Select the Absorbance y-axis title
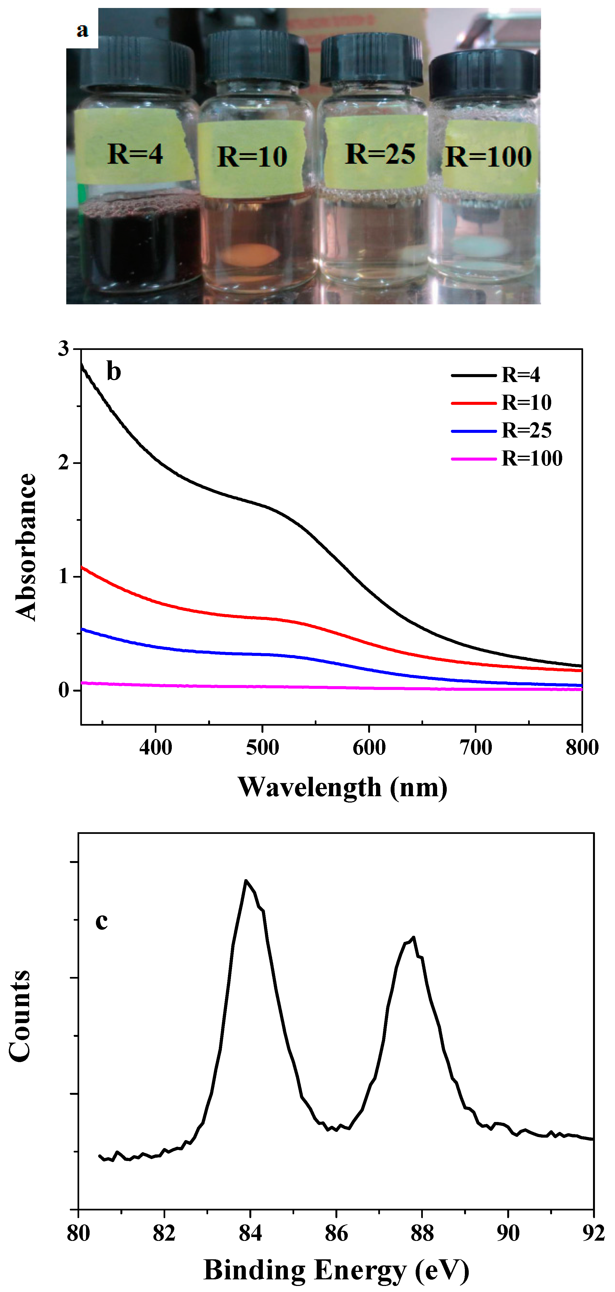coord(26,547)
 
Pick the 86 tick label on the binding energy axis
coord(336,1233)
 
